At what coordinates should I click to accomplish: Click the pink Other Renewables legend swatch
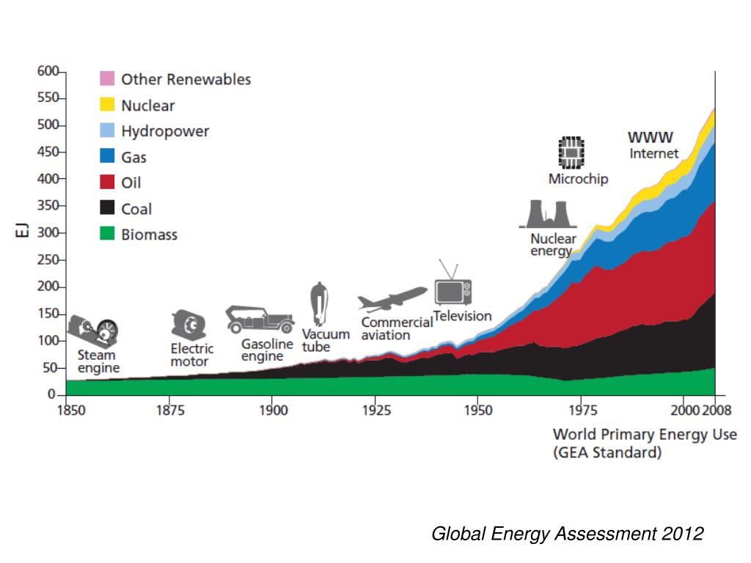[x=107, y=78]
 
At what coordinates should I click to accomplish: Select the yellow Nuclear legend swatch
[x=107, y=105]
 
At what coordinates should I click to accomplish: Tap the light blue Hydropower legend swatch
[x=107, y=130]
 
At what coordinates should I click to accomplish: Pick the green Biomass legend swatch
[x=107, y=235]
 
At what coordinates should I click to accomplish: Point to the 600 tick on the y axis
[x=47, y=71]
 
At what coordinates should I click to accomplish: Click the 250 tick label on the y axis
[x=47, y=260]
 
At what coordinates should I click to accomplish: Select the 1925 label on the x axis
[x=375, y=409]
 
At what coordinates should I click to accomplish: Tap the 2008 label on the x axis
[x=716, y=409]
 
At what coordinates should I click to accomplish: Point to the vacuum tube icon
[x=320, y=304]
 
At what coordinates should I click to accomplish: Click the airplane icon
[x=392, y=299]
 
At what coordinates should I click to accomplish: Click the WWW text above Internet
[x=650, y=138]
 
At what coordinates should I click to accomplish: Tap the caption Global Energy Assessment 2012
[x=567, y=534]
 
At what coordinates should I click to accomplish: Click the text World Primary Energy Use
[x=644, y=434]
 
